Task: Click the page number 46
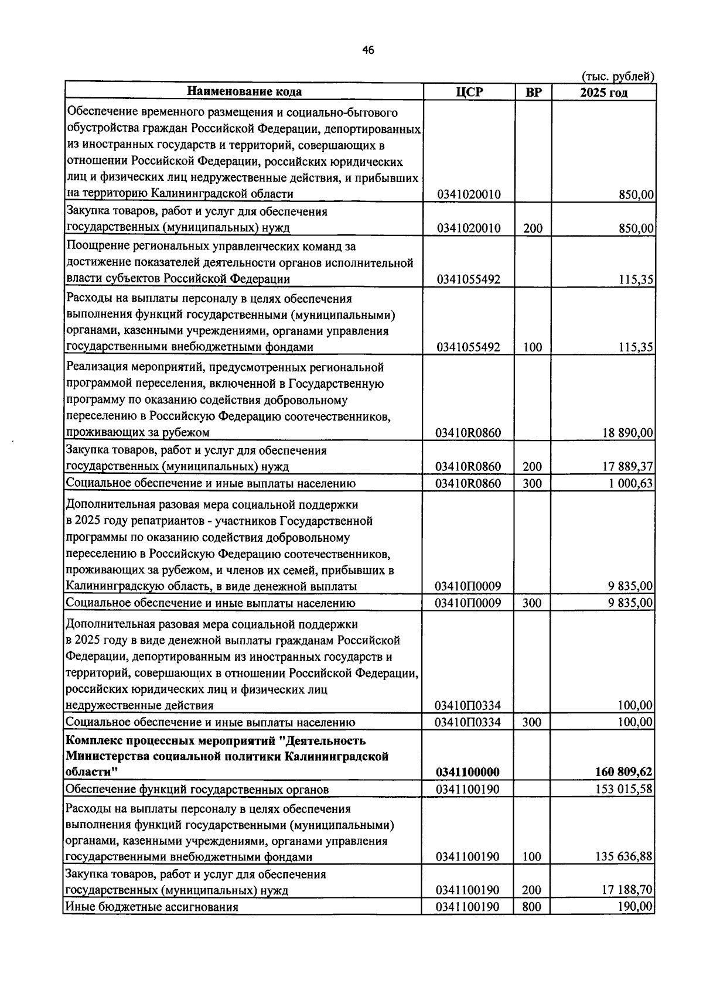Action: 368,50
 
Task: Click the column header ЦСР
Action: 468,92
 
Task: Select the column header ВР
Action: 533,92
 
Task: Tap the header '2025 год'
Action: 603,93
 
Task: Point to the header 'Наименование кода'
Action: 244,91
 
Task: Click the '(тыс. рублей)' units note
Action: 617,76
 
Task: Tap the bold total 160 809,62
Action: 623,772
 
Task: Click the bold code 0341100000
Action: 467,772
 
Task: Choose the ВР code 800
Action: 533,907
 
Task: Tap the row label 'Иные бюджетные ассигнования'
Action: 152,907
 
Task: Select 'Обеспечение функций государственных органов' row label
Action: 197,789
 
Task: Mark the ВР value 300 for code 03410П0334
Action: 533,722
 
